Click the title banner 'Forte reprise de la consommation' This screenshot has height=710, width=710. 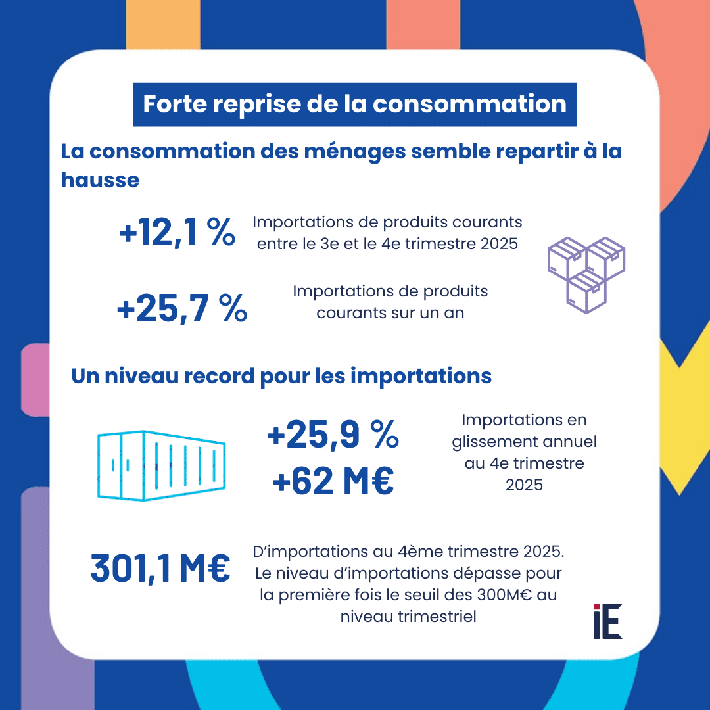coord(354,105)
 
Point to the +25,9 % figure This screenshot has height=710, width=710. coord(333,435)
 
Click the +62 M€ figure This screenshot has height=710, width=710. coord(333,482)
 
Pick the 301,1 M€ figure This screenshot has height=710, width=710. coord(160,569)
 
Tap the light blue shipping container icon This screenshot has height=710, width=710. coord(161,464)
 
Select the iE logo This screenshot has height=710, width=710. coord(607,621)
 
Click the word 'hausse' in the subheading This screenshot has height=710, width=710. coord(100,179)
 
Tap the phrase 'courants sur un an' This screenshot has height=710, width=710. coord(390,312)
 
